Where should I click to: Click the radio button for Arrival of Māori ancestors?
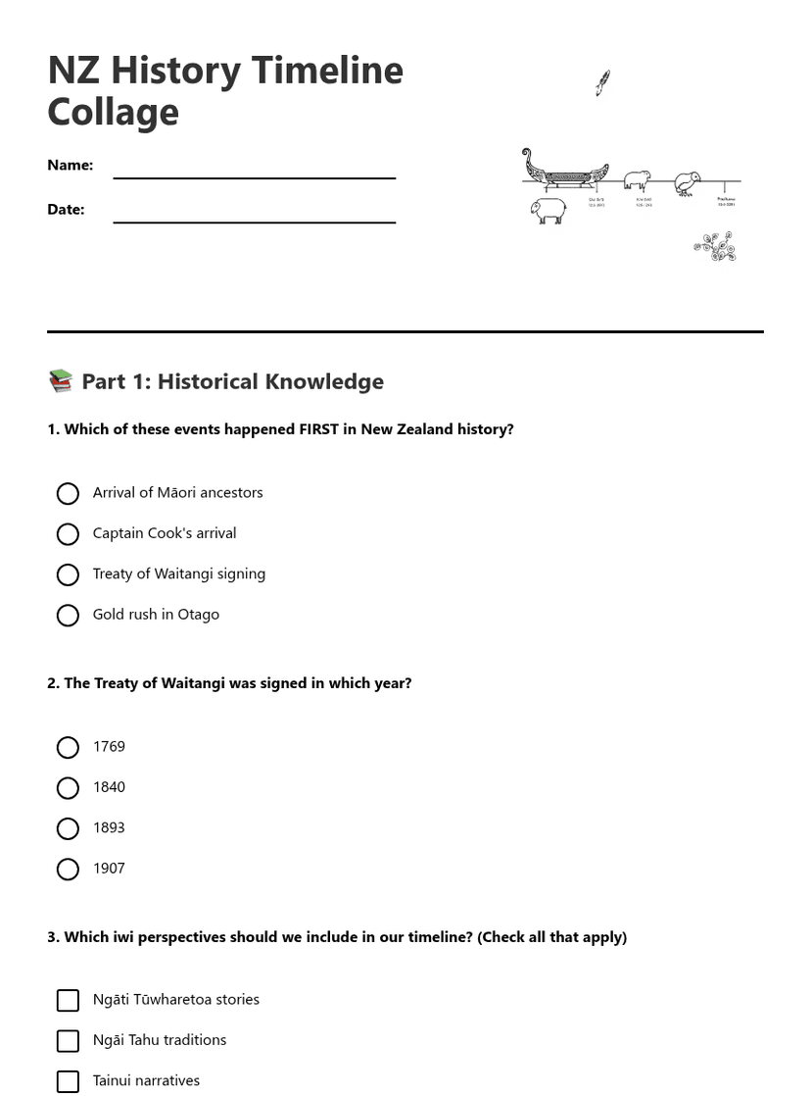(x=68, y=493)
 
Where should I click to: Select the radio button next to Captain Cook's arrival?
(x=68, y=534)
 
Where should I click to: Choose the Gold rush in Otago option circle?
(x=68, y=616)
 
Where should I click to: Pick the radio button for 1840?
(x=68, y=788)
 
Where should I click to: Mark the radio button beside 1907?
(x=68, y=870)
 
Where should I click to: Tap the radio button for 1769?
(x=68, y=748)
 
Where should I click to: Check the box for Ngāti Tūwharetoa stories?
(x=68, y=1000)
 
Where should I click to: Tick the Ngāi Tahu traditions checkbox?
(x=68, y=1041)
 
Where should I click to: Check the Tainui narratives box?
(x=68, y=1081)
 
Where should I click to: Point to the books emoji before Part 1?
(x=61, y=381)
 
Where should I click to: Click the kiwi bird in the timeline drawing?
(x=688, y=183)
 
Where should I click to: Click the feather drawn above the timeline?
(x=602, y=83)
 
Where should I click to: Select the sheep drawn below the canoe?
(x=549, y=211)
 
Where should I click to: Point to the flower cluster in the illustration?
(x=716, y=247)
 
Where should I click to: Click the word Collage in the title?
(x=113, y=113)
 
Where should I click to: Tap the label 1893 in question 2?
(x=109, y=828)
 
